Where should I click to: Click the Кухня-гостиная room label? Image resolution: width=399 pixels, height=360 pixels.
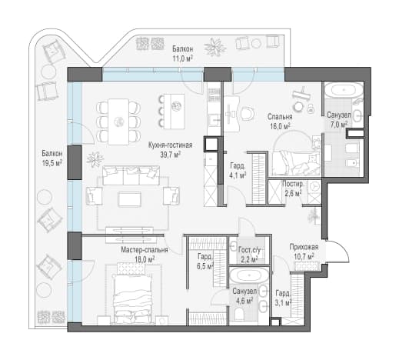click(170, 145)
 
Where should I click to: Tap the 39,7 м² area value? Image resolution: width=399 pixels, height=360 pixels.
click(170, 154)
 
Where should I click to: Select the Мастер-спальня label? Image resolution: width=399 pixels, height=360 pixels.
click(145, 249)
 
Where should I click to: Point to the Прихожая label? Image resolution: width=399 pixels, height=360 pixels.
click(304, 247)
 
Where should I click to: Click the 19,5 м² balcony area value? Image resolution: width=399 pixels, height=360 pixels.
click(52, 162)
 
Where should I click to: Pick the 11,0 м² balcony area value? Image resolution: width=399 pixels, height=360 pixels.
click(182, 58)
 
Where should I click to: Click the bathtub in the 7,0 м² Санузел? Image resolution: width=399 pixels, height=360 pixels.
click(343, 91)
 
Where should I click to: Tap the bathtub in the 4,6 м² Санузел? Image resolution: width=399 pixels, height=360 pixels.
click(249, 275)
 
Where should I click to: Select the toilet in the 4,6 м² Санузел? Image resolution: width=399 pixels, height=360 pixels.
click(239, 314)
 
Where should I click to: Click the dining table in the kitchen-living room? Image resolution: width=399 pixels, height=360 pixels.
click(118, 122)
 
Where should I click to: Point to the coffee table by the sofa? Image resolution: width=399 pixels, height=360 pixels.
click(129, 199)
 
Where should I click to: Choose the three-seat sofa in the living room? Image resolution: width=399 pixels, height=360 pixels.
click(131, 175)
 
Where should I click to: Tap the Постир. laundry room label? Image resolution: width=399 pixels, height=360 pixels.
click(293, 184)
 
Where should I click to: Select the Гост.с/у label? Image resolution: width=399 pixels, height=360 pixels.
click(249, 250)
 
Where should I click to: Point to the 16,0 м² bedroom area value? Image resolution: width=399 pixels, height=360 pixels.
click(280, 126)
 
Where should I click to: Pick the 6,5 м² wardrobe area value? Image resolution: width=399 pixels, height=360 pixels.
click(205, 266)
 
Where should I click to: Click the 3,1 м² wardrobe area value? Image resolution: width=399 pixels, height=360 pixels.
click(284, 303)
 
